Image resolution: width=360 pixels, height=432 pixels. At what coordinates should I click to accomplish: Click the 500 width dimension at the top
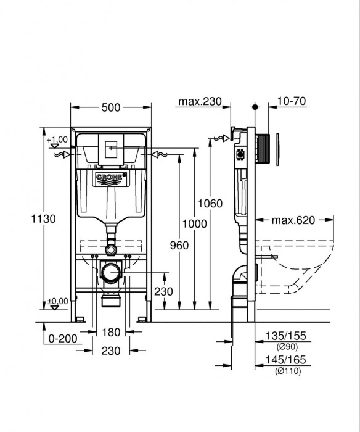coord(111,107)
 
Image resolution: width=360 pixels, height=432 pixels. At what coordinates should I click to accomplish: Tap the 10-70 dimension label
coord(292,101)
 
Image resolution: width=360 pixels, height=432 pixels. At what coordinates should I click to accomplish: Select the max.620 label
coord(294,219)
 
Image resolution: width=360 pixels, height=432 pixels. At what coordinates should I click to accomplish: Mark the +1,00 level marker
coord(56,140)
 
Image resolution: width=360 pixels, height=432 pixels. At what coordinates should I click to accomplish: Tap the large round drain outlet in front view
coord(112,272)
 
